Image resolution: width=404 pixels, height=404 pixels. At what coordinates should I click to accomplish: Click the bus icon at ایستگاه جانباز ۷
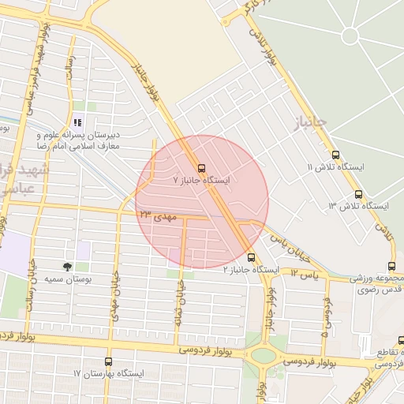(x=201, y=168)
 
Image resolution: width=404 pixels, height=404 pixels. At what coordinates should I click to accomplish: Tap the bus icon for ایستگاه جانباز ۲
(x=252, y=257)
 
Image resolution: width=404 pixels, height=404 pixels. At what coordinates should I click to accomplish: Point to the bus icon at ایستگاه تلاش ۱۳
(x=359, y=193)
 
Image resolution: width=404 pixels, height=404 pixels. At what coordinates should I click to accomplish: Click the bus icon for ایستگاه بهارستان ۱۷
(x=108, y=361)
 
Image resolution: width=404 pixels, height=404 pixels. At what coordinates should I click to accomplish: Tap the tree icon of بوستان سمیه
(x=67, y=267)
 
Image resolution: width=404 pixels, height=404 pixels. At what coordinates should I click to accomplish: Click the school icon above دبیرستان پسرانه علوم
(x=77, y=122)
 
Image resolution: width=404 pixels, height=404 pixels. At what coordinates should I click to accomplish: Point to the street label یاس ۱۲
(x=304, y=272)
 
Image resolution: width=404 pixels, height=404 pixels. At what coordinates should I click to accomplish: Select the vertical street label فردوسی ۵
(x=325, y=316)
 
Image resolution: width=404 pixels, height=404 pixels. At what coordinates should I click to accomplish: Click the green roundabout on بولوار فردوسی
(x=264, y=355)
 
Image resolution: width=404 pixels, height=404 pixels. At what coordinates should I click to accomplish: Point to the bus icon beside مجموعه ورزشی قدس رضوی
(x=392, y=266)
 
